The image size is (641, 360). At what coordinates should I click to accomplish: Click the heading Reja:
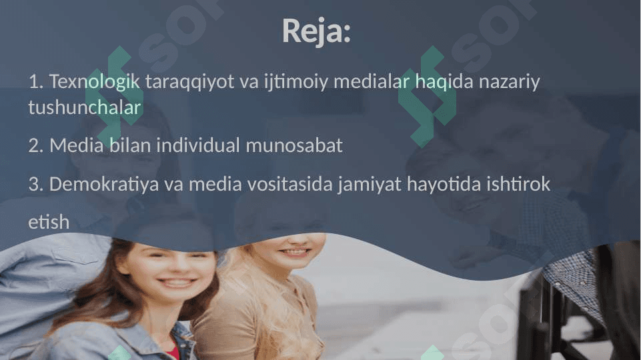[316, 31]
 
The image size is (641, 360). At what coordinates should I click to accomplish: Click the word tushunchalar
[85, 107]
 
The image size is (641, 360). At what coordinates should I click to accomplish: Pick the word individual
[198, 145]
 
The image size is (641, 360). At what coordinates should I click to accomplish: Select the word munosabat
[294, 145]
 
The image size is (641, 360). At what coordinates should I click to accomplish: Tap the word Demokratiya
[104, 184]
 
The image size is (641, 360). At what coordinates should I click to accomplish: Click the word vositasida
[260, 184]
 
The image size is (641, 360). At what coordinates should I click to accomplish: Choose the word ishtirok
[518, 184]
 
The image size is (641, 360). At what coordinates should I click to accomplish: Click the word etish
[49, 222]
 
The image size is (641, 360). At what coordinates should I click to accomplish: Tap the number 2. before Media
[36, 145]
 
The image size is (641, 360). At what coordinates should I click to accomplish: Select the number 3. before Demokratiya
[36, 184]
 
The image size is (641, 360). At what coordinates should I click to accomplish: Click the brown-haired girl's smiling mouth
[177, 282]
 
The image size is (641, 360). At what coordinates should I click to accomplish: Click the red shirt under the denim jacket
[172, 351]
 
